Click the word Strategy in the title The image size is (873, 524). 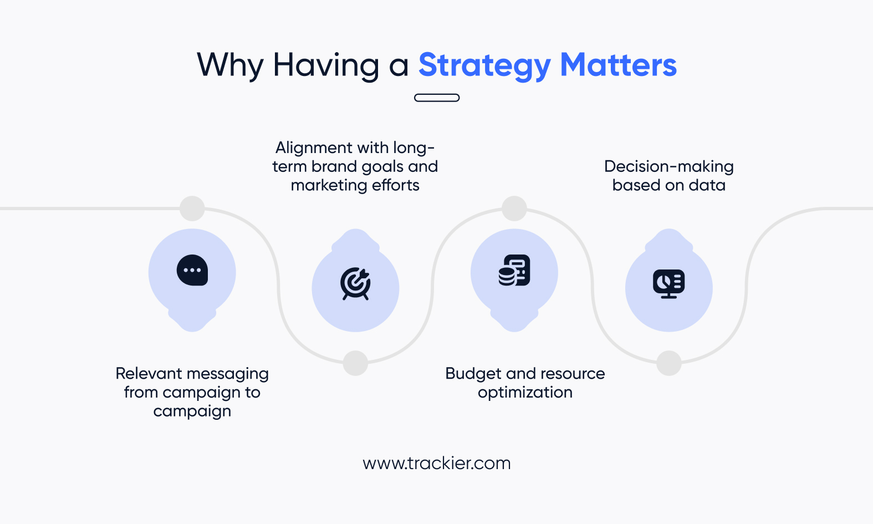(484, 66)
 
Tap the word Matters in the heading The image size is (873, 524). (619, 64)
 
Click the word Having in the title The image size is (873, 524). (326, 66)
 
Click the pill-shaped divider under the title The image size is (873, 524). (437, 98)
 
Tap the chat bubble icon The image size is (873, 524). (192, 270)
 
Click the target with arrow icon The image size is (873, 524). (355, 283)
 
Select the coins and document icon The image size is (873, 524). (514, 270)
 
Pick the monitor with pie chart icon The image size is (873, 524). (669, 284)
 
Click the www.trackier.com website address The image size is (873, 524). (437, 463)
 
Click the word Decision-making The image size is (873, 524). (669, 166)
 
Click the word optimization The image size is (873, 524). (525, 392)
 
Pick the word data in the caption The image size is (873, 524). (707, 185)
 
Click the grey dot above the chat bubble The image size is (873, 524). (192, 208)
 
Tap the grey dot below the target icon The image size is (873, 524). (355, 363)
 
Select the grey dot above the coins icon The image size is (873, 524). (514, 208)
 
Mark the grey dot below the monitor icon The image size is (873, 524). (669, 363)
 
